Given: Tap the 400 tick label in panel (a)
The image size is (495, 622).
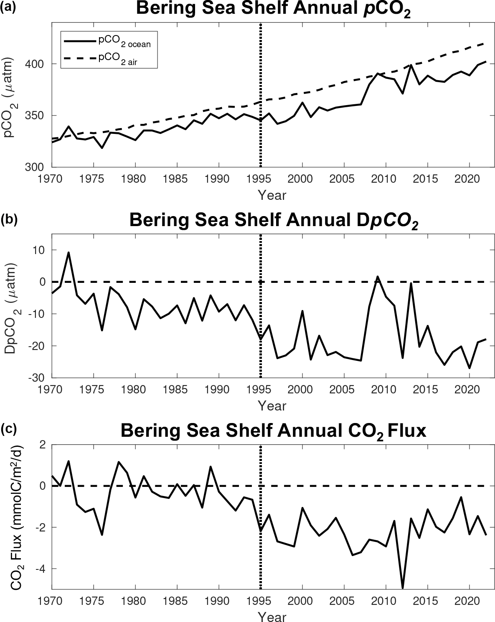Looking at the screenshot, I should [37, 64].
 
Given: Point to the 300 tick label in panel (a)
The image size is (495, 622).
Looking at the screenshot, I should [37, 167].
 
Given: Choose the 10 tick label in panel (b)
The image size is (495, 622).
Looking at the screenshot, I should [39, 250].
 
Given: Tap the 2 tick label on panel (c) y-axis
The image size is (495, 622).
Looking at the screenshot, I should [42, 445].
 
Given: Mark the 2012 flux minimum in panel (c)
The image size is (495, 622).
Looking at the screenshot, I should [403, 587].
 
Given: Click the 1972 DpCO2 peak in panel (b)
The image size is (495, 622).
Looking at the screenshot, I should [69, 252].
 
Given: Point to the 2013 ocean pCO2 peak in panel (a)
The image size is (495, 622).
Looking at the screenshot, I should [411, 65].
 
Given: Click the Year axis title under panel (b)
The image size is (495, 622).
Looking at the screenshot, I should [272, 405].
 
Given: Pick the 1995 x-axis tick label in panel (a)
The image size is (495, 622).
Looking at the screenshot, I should [260, 179].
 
